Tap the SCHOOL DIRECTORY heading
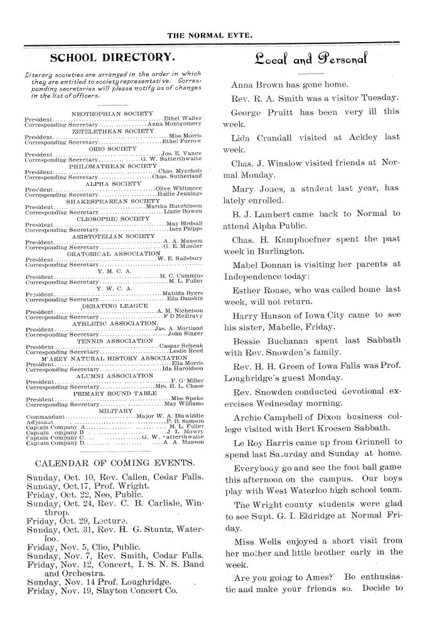pyautogui.click(x=112, y=58)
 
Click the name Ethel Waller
pyautogui.click(x=183, y=118)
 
